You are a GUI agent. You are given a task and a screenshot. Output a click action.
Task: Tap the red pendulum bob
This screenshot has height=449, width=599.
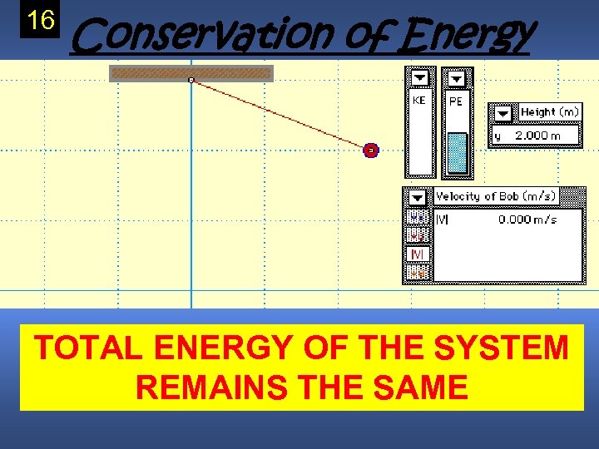[371, 150]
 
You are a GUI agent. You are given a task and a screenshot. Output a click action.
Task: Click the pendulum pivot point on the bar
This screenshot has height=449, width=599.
[191, 80]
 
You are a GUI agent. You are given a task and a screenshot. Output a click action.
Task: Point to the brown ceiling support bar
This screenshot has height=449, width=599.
[191, 73]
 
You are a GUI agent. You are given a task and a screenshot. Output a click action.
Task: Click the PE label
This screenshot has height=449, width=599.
[456, 101]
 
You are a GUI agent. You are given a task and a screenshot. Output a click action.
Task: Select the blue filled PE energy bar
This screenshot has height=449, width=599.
[457, 153]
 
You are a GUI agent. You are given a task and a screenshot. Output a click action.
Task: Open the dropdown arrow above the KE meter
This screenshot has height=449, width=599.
[419, 78]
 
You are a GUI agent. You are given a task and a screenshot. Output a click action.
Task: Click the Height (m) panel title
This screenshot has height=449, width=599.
[549, 112]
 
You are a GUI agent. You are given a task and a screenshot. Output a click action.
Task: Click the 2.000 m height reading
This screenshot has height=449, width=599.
[537, 136]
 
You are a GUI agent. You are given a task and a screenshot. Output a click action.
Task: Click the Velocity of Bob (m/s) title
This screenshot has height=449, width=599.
[496, 197]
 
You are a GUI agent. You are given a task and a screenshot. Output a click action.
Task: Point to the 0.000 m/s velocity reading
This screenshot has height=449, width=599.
[527, 220]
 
